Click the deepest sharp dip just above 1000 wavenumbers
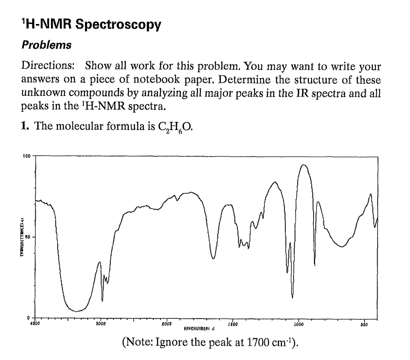pyautogui.click(x=292, y=297)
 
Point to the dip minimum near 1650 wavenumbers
pyautogui.click(x=213, y=259)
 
